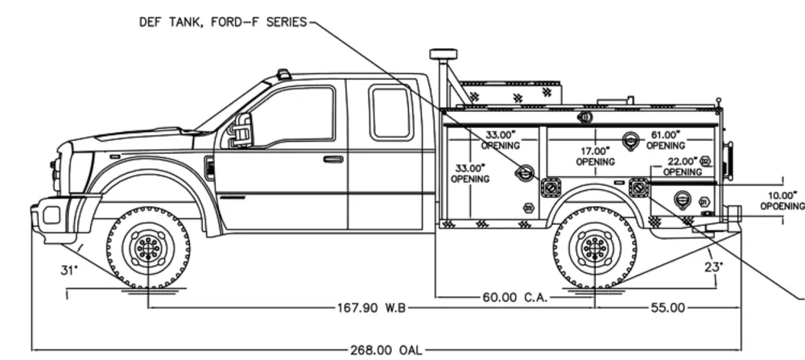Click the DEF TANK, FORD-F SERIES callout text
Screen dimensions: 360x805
coord(223,23)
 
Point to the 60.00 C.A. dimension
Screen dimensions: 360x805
coord(515,297)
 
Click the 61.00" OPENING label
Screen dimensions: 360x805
coord(665,140)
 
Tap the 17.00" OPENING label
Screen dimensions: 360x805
coord(595,155)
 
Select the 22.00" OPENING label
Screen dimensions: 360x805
coord(682,167)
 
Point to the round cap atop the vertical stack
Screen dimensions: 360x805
coord(441,54)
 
